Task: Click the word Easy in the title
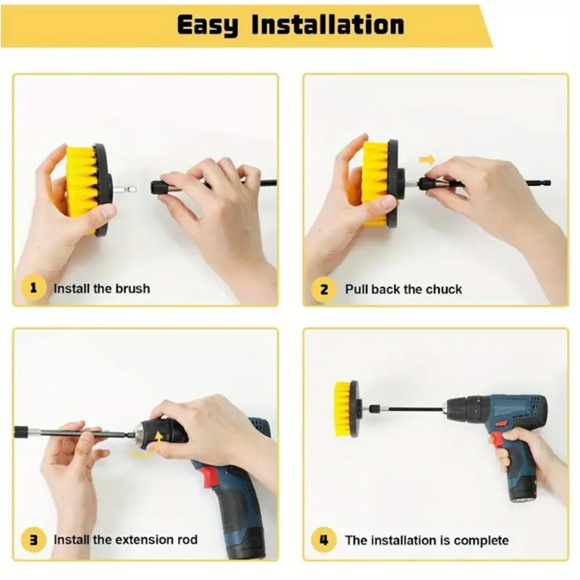tap(208, 25)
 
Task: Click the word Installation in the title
tap(328, 24)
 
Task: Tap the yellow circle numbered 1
tap(34, 288)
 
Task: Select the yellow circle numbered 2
tap(324, 289)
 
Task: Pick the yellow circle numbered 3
tap(34, 539)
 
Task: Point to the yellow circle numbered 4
tap(324, 541)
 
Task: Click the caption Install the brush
tap(102, 289)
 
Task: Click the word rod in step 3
tap(187, 539)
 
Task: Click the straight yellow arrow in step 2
tap(427, 160)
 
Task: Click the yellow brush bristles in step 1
tap(81, 189)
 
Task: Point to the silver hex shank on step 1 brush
tap(124, 189)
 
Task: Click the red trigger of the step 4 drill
tap(498, 438)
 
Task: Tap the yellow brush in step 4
tap(343, 409)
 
